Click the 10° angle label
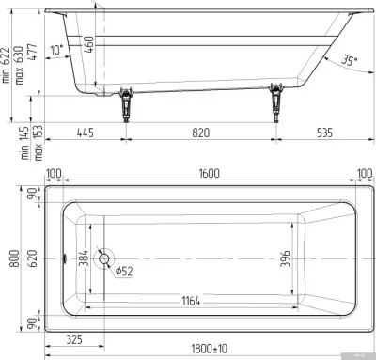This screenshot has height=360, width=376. coord(56,50)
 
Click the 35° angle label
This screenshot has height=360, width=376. coord(350,60)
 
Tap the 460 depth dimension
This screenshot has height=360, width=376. coord(89,44)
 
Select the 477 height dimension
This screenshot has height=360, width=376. coord(32,52)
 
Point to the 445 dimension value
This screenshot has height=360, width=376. coord(85,133)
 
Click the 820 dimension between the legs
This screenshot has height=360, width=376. coord(200,133)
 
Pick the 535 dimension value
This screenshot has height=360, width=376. coord(324,133)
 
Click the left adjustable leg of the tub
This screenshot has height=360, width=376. coord(126,105)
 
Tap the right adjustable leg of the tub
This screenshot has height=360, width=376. coord(276,102)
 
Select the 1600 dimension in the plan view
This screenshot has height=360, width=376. coord(209,173)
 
